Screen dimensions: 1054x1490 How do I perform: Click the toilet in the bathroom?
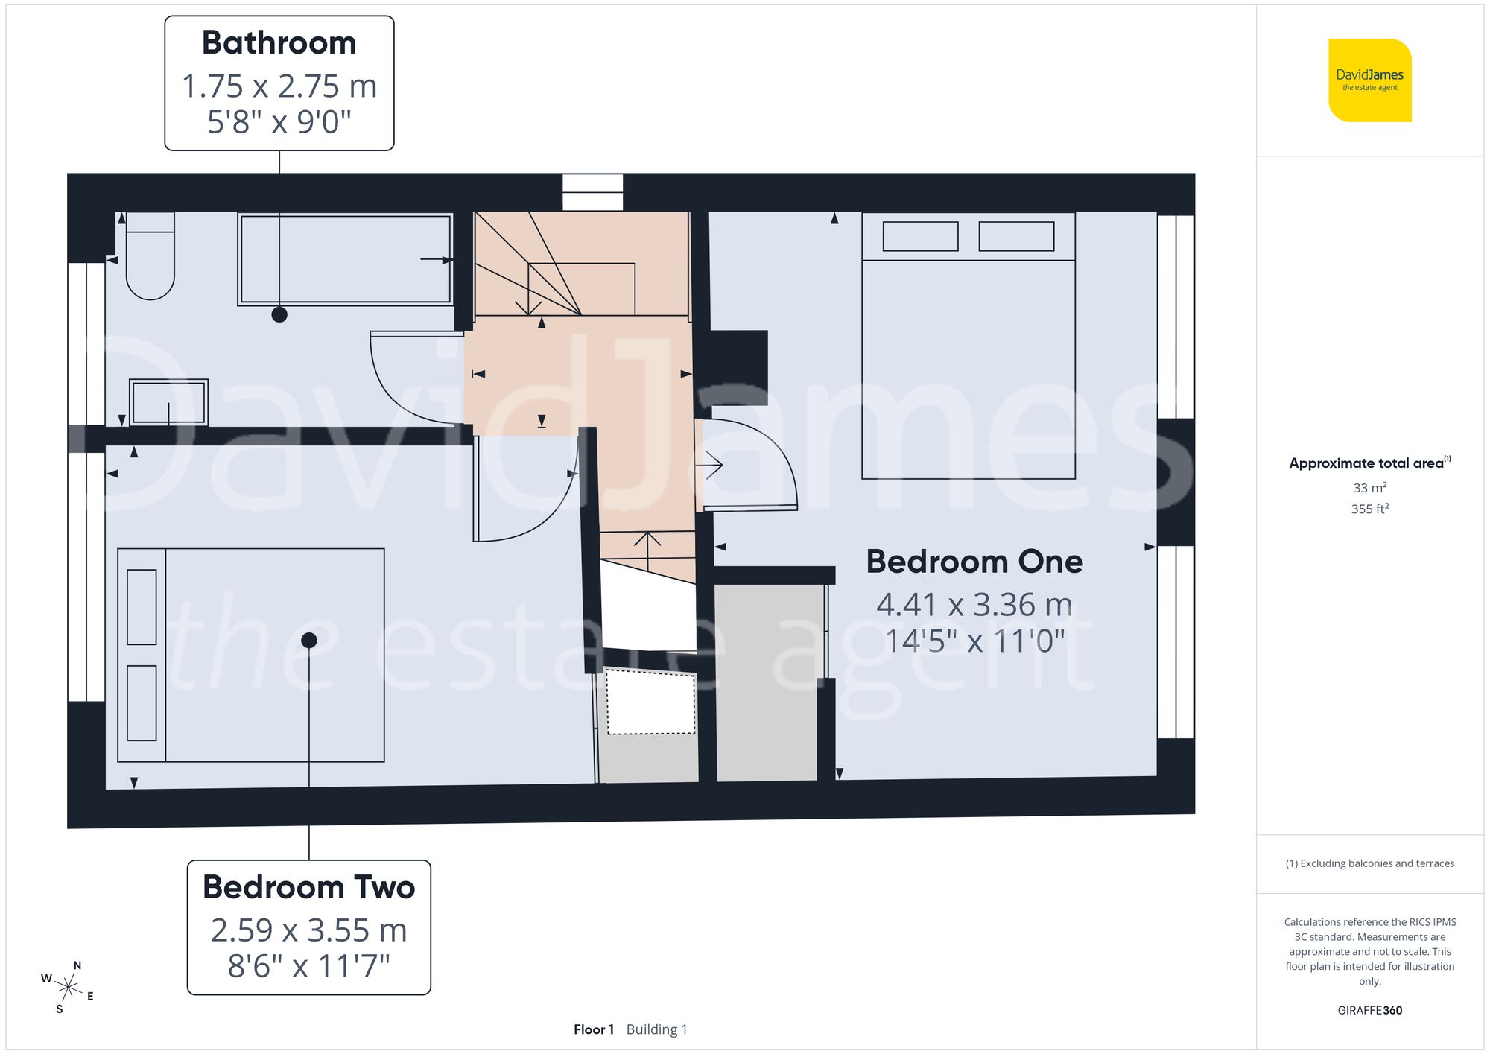pos(150,257)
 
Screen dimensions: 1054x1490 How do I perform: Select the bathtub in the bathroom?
pos(346,259)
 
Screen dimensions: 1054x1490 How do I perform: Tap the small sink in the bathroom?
pos(168,403)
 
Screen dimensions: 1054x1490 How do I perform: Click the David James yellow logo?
pos(1369,80)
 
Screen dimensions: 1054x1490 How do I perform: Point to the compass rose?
pos(68,988)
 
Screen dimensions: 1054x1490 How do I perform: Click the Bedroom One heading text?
pos(974,562)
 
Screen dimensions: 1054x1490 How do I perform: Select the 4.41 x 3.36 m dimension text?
pos(974,605)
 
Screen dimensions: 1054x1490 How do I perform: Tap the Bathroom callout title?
pos(279,42)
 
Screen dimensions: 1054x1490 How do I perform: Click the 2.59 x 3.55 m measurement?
pos(308,930)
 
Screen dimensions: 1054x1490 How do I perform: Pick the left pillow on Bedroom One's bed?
pos(920,237)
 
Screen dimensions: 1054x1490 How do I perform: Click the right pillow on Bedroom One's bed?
pos(1016,237)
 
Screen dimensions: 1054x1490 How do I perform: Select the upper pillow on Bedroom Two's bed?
pos(142,607)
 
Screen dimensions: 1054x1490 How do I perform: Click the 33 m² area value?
pos(1369,488)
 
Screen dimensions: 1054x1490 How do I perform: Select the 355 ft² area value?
pos(1369,509)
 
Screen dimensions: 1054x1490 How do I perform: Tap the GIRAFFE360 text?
pos(1369,1011)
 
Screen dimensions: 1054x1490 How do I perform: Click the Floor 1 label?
pos(593,1029)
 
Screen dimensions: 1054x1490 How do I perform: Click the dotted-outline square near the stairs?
pos(650,702)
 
